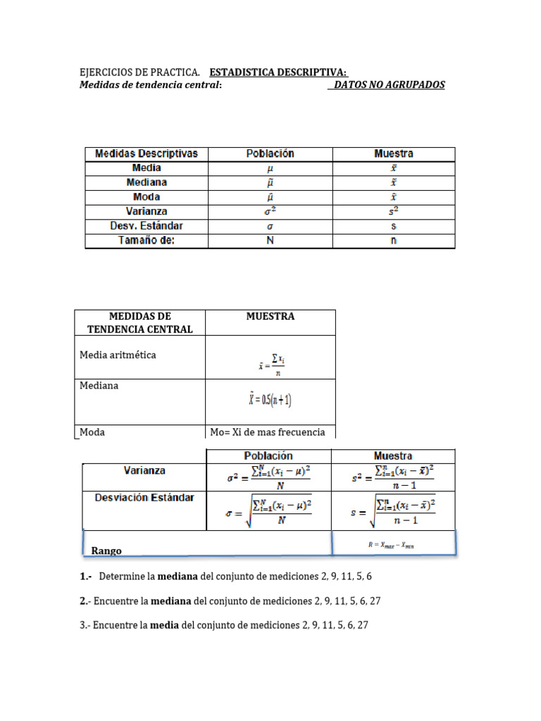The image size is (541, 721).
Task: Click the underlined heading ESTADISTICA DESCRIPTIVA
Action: [278, 73]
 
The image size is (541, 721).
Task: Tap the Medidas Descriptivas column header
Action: [147, 153]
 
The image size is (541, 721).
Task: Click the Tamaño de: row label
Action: [147, 241]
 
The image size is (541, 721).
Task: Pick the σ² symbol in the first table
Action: [270, 211]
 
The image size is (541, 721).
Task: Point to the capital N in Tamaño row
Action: [270, 241]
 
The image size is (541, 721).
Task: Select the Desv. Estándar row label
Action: [147, 226]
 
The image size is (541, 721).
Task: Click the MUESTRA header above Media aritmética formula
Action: [270, 316]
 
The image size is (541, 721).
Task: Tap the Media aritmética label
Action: [118, 355]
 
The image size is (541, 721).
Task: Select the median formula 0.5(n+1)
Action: [270, 400]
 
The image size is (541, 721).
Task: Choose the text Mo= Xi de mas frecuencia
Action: [268, 432]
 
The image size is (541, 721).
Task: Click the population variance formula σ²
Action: [269, 477]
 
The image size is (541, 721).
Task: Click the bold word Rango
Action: [107, 551]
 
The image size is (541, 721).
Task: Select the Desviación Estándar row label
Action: [145, 497]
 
